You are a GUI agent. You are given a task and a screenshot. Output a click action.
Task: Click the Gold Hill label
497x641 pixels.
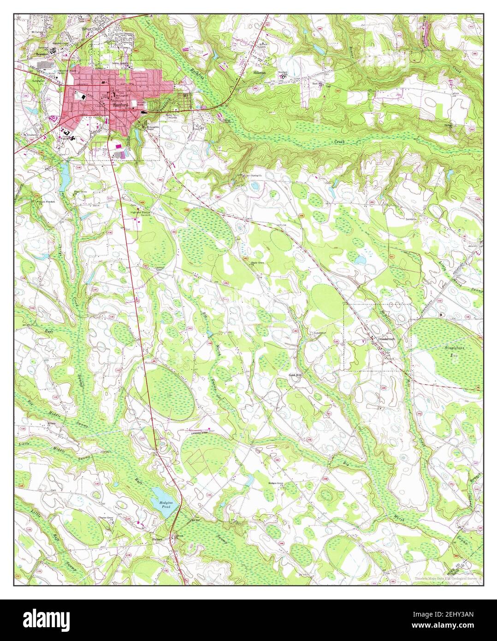click(295, 375)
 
